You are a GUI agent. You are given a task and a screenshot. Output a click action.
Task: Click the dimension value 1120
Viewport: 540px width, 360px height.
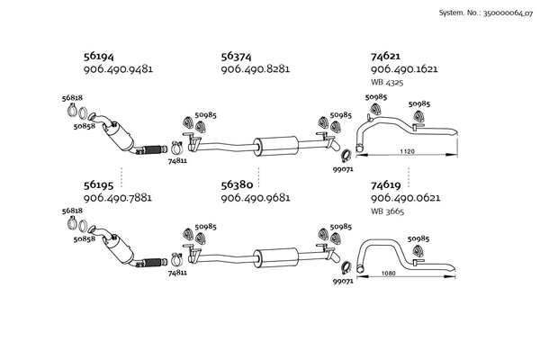click(x=407, y=150)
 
